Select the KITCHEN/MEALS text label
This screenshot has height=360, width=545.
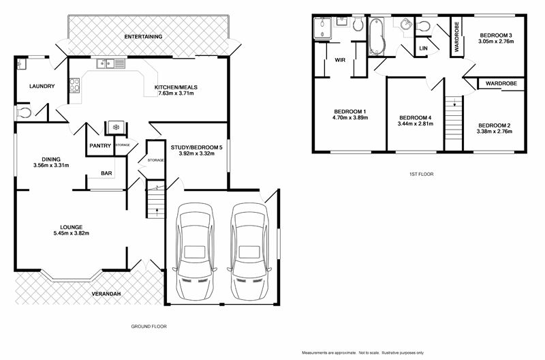click(x=176, y=87)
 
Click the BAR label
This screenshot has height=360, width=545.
click(x=106, y=173)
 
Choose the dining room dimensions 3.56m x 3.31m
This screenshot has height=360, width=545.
click(x=50, y=166)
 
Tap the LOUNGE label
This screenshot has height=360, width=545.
click(x=71, y=227)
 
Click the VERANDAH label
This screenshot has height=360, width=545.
click(x=107, y=294)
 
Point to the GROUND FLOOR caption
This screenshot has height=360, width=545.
click(x=149, y=327)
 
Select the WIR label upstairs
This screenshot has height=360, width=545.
click(x=339, y=60)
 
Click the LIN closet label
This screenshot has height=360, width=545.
click(x=423, y=48)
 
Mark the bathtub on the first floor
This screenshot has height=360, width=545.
click(x=377, y=35)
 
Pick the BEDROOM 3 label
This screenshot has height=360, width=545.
click(x=495, y=35)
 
